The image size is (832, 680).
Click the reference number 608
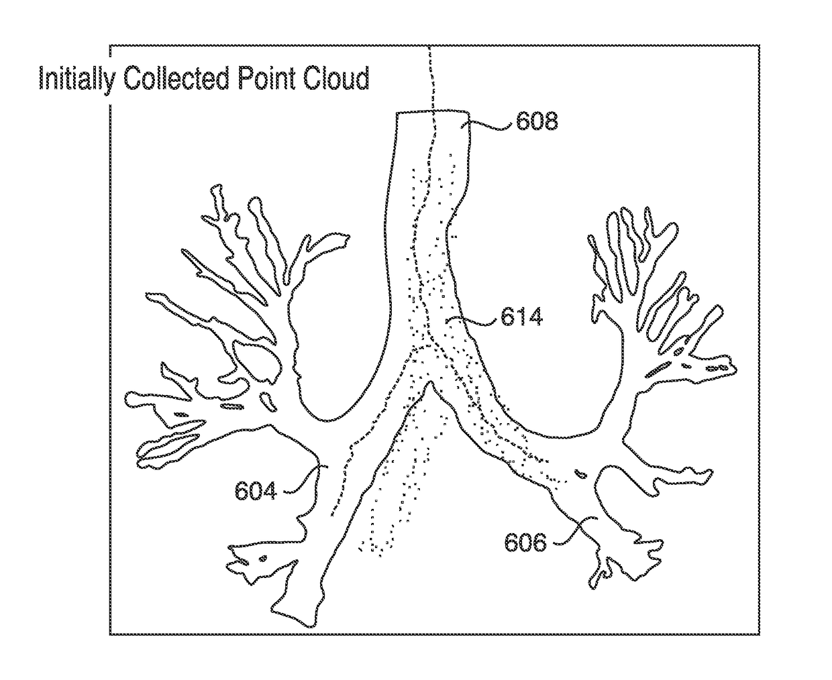coord(537,121)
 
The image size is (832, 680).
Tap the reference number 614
coord(521,316)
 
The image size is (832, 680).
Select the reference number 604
coord(256,491)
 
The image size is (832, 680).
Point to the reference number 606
coord(525,541)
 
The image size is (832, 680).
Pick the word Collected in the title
coord(169,78)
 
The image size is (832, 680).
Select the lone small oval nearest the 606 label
coord(581,475)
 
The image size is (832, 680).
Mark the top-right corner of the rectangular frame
coord(759,46)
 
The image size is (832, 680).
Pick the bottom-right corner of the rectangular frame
coord(759,633)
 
